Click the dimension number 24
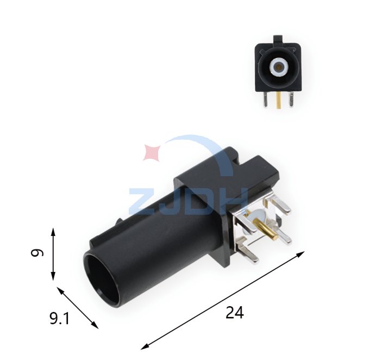pyautogui.click(x=235, y=312)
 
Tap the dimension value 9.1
pyautogui.click(x=59, y=319)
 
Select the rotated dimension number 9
pyautogui.click(x=37, y=253)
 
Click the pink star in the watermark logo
pyautogui.click(x=152, y=153)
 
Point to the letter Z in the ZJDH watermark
pyautogui.click(x=143, y=202)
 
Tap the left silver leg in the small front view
pyautogui.click(x=265, y=100)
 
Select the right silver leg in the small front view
pyautogui.click(x=291, y=99)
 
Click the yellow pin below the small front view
pyautogui.click(x=278, y=101)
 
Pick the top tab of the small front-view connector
pyautogui.click(x=278, y=39)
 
